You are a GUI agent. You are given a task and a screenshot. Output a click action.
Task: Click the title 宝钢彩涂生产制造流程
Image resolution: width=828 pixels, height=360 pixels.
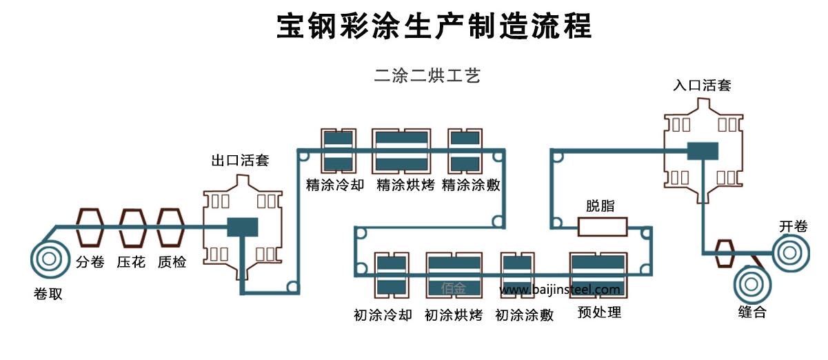point(434,28)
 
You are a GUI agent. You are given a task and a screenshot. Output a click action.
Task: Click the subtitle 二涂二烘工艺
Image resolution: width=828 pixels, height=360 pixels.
point(427,76)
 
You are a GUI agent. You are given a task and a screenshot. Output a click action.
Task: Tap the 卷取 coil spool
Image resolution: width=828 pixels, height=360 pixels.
point(48,259)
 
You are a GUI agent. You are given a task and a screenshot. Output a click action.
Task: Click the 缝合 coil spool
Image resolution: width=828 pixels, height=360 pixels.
point(753,283)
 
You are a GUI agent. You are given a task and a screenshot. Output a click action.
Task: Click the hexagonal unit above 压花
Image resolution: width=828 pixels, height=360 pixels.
point(132,228)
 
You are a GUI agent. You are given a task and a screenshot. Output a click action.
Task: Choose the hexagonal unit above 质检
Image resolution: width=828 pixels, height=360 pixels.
point(171,228)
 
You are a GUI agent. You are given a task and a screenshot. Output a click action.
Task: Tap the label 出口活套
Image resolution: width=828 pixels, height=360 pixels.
point(240,161)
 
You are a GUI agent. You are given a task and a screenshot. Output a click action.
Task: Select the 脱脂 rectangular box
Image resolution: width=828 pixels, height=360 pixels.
point(602,226)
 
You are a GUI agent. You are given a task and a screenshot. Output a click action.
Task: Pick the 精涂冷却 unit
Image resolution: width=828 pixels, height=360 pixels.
point(339,150)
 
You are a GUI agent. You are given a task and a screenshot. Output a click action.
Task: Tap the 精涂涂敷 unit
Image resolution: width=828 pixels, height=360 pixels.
point(464,150)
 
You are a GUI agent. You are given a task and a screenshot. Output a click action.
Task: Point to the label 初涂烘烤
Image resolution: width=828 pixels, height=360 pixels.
point(453,315)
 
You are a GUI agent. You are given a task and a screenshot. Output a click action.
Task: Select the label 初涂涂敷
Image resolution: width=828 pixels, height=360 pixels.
point(524,315)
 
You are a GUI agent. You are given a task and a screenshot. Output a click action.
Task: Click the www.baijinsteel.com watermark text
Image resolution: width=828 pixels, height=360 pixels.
point(560,290)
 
